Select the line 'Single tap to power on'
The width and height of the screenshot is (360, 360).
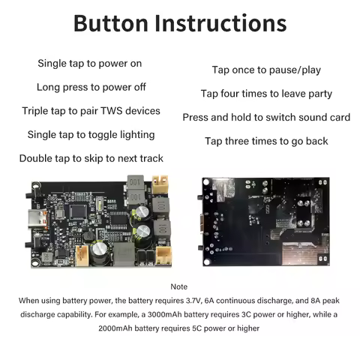(89, 63)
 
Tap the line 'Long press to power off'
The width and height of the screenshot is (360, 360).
(91, 87)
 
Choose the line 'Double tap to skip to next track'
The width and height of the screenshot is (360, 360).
(91, 158)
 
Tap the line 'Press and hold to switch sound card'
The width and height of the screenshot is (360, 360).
(266, 118)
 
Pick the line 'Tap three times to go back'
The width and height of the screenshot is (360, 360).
(266, 141)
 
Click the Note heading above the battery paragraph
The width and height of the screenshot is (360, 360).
(179, 286)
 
